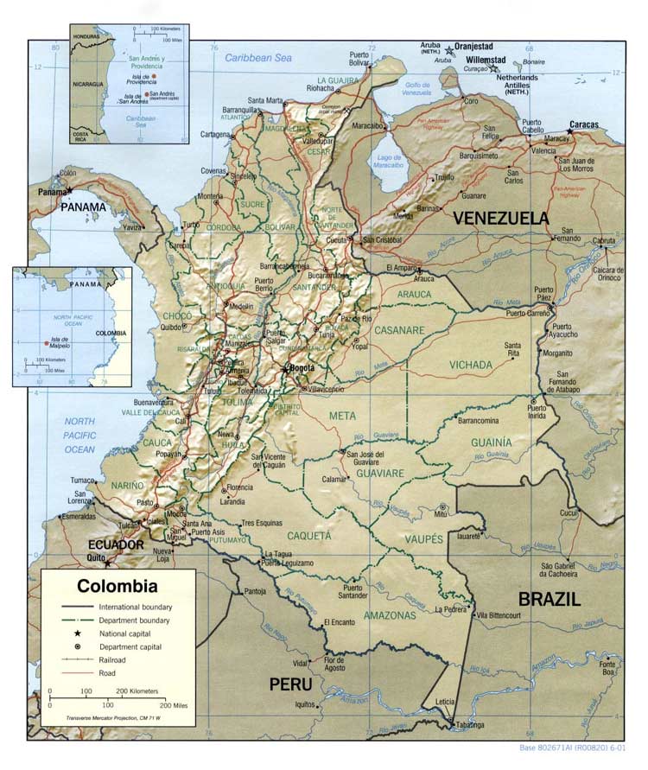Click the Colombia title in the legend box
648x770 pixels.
click(118, 586)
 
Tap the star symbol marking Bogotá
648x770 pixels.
click(285, 369)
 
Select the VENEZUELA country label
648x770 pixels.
click(502, 218)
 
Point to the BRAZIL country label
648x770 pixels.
click(549, 599)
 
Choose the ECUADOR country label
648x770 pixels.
click(114, 545)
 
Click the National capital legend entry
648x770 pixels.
click(130, 633)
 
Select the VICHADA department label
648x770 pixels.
click(470, 365)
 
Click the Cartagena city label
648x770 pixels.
click(216, 135)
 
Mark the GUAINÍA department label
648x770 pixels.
click(490, 442)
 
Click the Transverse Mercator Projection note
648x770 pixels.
click(117, 719)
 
